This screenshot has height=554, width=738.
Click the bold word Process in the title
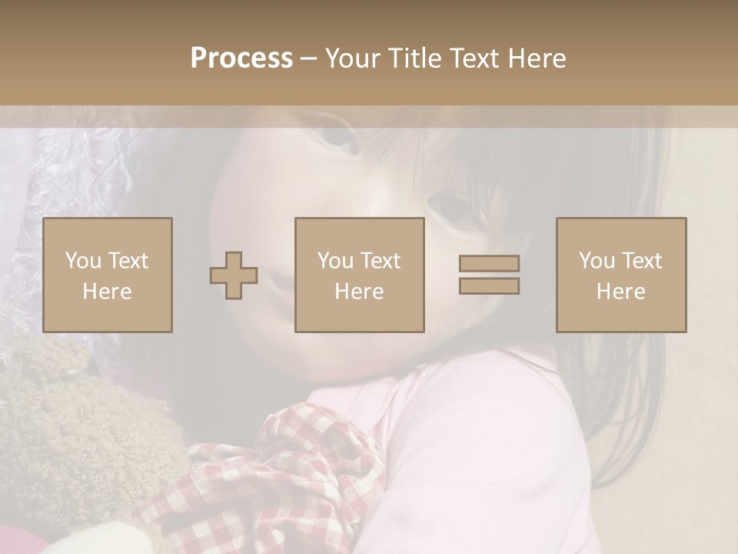coord(241,58)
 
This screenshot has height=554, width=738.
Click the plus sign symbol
coord(234,275)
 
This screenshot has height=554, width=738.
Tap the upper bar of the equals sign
coord(489,264)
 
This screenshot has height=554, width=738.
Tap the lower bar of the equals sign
coord(489,286)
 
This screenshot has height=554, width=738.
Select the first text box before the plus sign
coord(108,275)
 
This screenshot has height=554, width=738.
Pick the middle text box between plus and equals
coord(360,275)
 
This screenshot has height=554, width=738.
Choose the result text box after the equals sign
coord(621,275)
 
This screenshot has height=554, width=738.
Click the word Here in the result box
coord(621,292)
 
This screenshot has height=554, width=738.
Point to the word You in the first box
coord(83,261)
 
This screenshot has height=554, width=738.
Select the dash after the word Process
coord(308,58)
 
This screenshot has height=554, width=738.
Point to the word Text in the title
coord(470,58)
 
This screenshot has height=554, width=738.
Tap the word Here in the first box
coord(108,292)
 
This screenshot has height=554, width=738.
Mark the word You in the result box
coord(597,261)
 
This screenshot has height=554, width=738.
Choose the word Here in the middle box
coord(360,292)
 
